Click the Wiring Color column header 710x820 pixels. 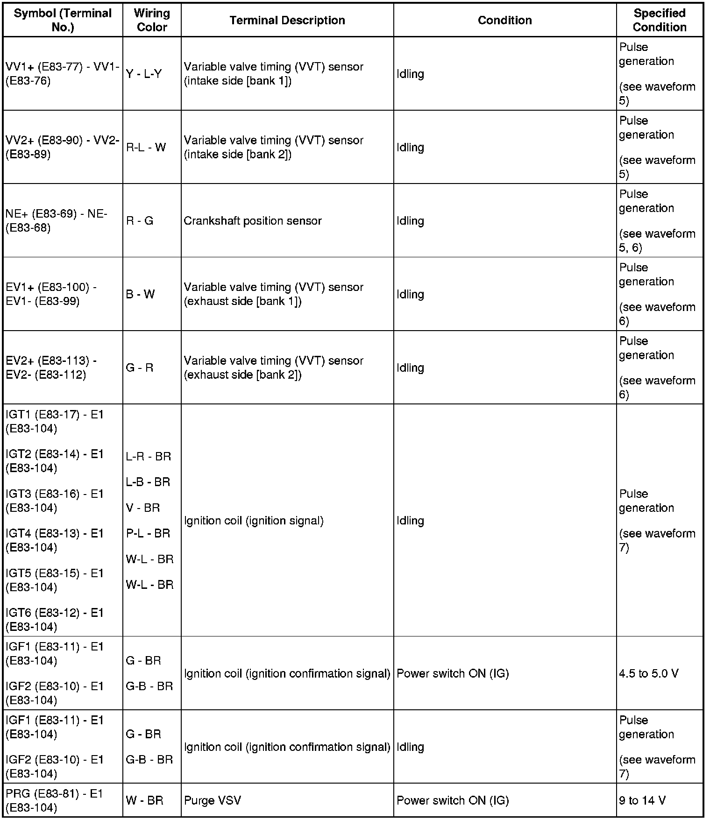(x=152, y=20)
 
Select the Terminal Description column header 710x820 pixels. (x=287, y=20)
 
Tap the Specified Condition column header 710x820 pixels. (x=659, y=20)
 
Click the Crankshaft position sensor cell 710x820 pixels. (x=253, y=221)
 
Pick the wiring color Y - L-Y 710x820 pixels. (x=143, y=74)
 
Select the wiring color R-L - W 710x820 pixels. (x=146, y=148)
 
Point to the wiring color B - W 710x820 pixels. (x=140, y=294)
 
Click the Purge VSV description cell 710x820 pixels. (x=213, y=800)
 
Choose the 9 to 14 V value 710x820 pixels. (x=642, y=800)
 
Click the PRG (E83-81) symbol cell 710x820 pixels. (x=54, y=800)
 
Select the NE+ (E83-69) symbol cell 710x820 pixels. (x=57, y=221)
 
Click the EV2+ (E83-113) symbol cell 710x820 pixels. (x=51, y=368)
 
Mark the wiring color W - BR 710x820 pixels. (x=144, y=800)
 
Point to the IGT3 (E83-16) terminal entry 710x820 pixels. (x=54, y=501)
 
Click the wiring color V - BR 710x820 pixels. (x=143, y=508)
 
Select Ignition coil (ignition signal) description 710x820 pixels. (x=254, y=521)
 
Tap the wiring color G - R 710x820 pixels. (x=139, y=368)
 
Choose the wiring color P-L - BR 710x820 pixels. (x=148, y=533)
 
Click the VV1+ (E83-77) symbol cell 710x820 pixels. (x=62, y=74)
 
